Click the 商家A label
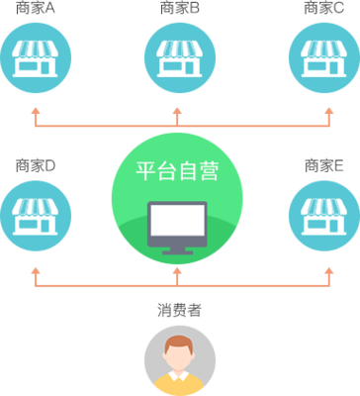coord(35,9)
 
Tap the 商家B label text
coord(179,9)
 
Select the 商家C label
coord(323,9)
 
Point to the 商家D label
coord(36,165)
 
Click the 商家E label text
coord(323,165)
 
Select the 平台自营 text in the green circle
coord(178,170)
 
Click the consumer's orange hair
coord(179,343)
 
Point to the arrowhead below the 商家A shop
coord(36,111)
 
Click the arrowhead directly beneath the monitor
coord(178,269)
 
